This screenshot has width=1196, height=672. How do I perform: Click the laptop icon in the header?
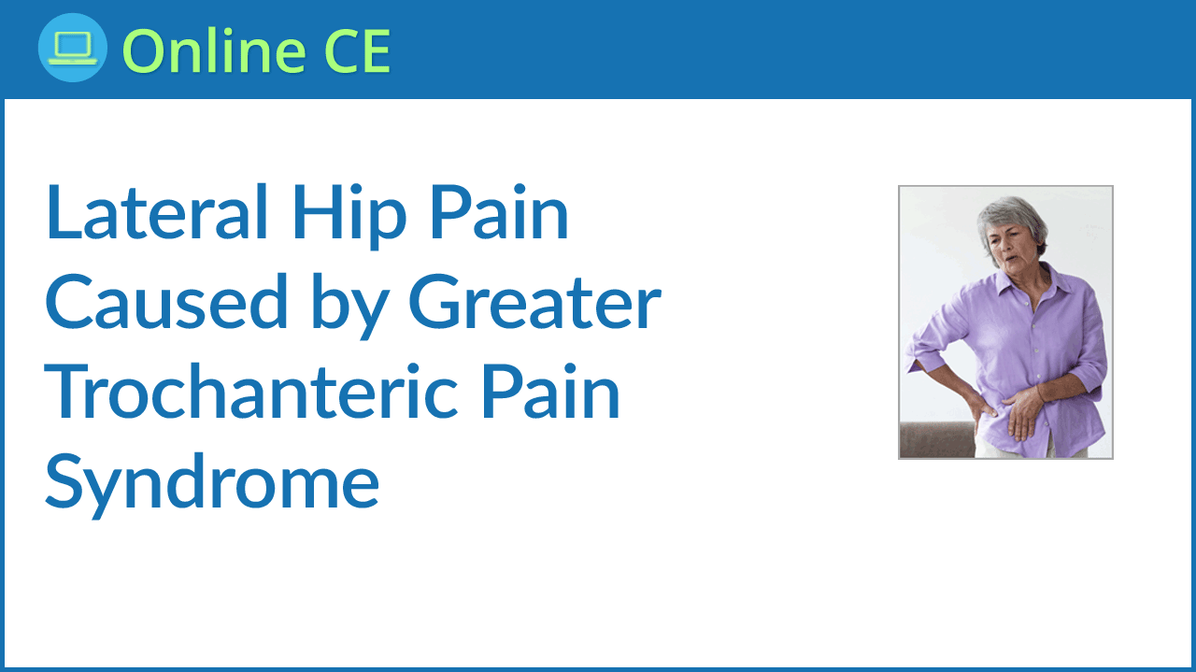tap(73, 48)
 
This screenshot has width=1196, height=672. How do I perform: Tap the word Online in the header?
tap(215, 50)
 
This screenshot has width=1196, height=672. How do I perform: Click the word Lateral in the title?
tap(156, 212)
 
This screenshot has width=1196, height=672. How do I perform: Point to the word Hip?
tap(349, 216)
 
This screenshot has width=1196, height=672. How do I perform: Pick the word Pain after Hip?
tap(499, 212)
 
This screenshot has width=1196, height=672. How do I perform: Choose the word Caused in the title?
tap(166, 302)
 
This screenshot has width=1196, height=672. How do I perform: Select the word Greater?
tap(535, 302)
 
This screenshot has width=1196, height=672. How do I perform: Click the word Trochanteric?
tap(251, 392)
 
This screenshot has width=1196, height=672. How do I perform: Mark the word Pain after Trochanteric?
tap(550, 392)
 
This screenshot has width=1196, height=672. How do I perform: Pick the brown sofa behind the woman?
tap(938, 439)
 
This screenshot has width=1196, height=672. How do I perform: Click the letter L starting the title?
tap(63, 212)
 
